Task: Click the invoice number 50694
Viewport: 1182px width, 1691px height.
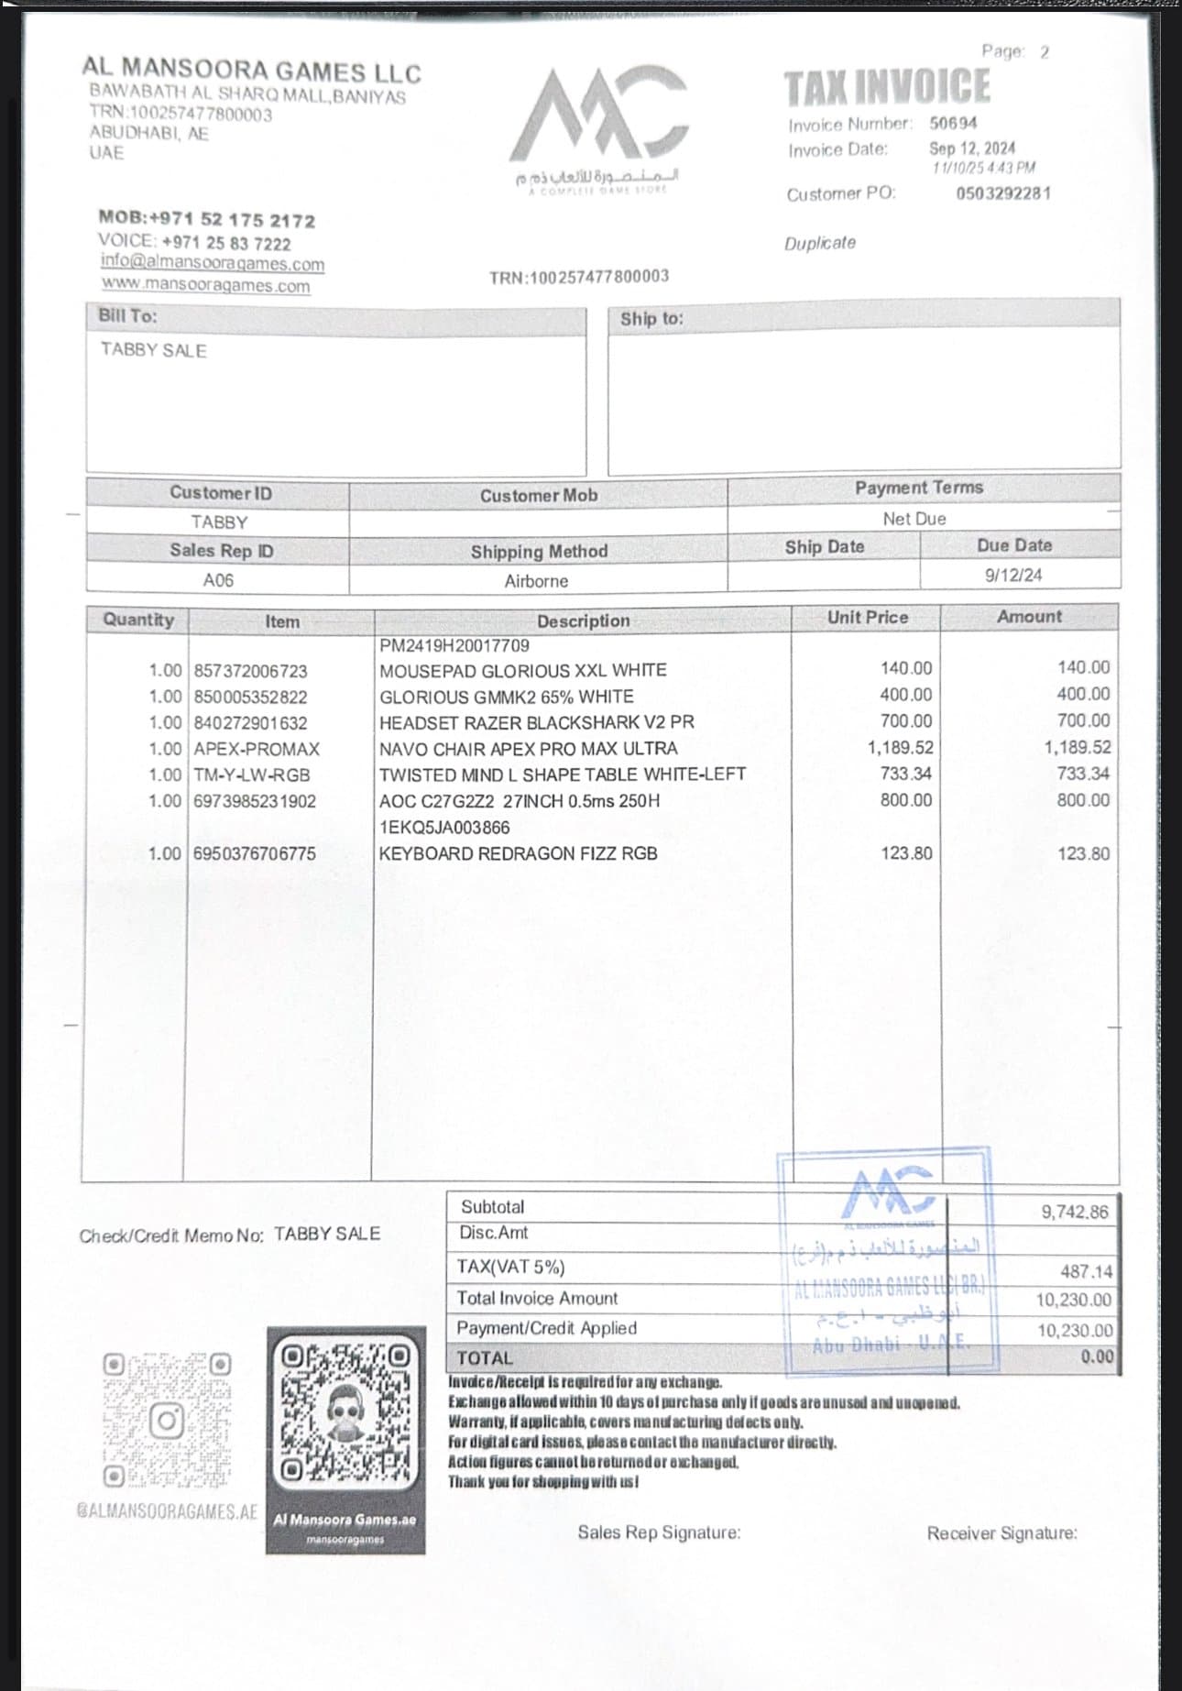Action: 953,123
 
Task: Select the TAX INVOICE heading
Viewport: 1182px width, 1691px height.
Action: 887,87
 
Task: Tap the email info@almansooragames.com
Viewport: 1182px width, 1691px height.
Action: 213,264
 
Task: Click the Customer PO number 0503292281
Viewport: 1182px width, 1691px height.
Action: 1003,193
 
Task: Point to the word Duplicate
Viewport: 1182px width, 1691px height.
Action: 819,243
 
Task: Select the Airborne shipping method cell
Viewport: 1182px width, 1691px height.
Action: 536,581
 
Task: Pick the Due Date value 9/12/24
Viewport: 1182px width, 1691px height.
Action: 1012,576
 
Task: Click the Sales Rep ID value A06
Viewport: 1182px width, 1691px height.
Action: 218,580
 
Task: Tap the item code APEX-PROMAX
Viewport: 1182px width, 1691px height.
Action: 257,749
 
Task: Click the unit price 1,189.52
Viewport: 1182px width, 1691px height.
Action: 900,748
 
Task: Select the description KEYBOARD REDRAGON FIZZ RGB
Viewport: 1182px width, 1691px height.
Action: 518,853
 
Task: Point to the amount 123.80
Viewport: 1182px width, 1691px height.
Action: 1083,853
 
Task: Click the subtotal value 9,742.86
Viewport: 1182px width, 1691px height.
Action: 1074,1212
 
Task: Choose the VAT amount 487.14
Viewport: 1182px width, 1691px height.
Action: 1086,1271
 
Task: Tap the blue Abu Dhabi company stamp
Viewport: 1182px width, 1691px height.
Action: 886,1260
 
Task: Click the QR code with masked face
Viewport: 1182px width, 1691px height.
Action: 345,1411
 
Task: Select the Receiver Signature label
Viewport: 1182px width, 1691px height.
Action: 1001,1533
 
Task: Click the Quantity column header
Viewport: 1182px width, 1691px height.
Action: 137,620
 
